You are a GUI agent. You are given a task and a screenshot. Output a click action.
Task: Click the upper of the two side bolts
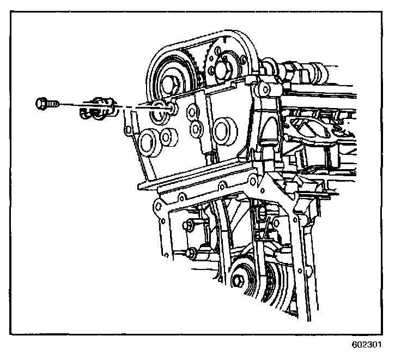click(x=189, y=225)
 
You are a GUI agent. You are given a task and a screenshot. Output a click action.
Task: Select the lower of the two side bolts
click(x=191, y=253)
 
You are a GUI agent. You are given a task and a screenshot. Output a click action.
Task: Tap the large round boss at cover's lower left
click(x=148, y=143)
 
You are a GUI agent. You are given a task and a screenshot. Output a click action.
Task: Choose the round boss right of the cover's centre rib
click(x=222, y=130)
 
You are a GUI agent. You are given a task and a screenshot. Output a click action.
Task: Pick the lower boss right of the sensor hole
click(x=195, y=129)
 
